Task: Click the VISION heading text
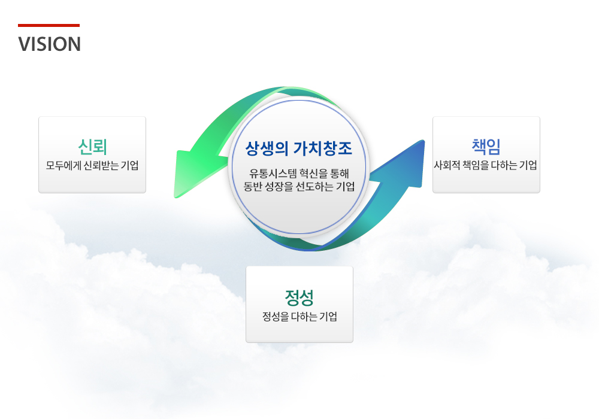49,44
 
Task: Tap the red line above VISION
49,26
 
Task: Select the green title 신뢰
92,147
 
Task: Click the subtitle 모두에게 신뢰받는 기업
92,166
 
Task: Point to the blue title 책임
486,147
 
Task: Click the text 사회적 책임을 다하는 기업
486,166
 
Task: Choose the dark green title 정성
299,297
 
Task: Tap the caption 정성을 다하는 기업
299,317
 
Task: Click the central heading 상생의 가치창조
299,148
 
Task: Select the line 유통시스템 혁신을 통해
299,174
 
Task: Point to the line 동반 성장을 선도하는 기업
299,187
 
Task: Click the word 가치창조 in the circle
323,148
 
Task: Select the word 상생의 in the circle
267,148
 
